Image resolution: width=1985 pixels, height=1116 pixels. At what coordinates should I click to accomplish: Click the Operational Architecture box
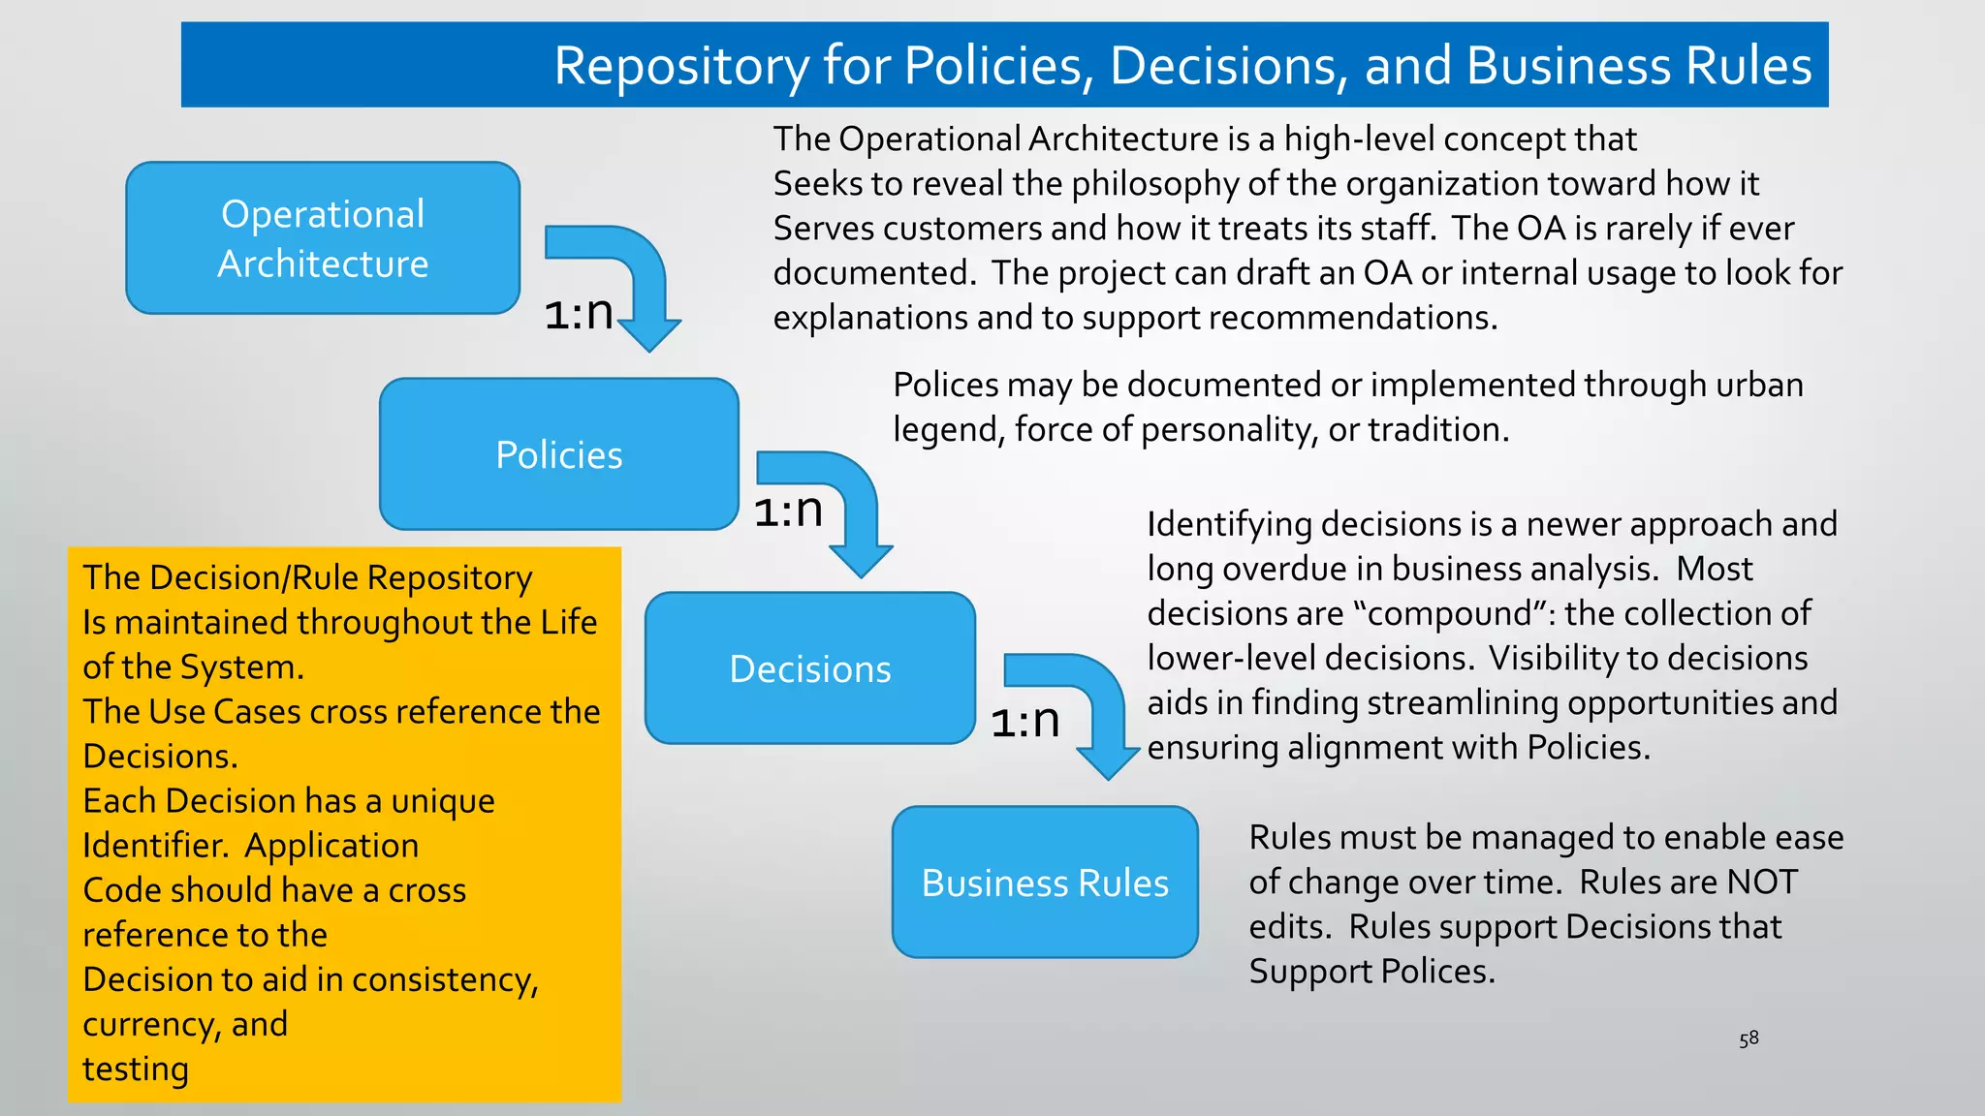pyautogui.click(x=323, y=238)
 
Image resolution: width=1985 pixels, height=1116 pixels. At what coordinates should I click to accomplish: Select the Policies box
pyautogui.click(x=559, y=454)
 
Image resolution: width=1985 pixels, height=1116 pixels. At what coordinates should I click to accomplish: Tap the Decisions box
pyautogui.click(x=810, y=668)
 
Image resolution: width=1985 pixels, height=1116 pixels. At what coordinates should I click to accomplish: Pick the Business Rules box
pyautogui.click(x=1045, y=883)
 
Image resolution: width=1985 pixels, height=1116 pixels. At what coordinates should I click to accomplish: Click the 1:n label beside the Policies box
pyautogui.click(x=788, y=511)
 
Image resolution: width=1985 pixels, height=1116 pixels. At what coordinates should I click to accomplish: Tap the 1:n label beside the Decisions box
pyautogui.click(x=1024, y=721)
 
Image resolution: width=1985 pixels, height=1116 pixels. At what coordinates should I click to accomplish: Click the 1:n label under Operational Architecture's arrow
pyautogui.click(x=579, y=313)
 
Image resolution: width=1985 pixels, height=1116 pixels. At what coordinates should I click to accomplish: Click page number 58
pyautogui.click(x=1749, y=1038)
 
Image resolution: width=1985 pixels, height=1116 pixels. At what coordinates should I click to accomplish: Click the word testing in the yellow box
pyautogui.click(x=136, y=1069)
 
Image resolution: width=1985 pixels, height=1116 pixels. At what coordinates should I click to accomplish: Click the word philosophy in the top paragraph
pyautogui.click(x=1155, y=183)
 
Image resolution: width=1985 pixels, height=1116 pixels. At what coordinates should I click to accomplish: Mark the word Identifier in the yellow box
pyautogui.click(x=155, y=846)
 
